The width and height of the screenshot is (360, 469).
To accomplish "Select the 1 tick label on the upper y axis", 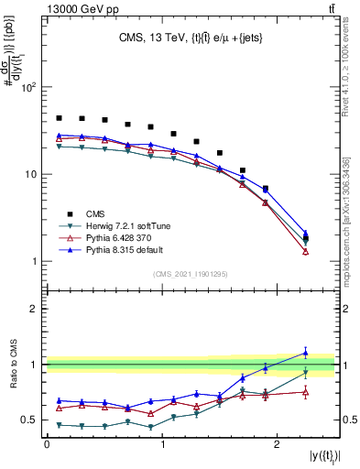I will point(33,261).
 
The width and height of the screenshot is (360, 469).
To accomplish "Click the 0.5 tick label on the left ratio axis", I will point(27,420).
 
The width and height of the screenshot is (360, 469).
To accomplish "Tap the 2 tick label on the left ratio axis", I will point(33,309).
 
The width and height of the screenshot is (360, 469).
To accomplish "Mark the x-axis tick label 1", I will point(162,443).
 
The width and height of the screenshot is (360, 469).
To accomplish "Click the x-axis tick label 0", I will point(46,443).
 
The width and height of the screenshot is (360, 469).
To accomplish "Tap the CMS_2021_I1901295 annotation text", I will point(190,274).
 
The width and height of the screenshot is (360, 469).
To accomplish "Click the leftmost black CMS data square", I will point(59,118).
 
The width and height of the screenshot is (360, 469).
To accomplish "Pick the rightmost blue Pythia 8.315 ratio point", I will point(306,352).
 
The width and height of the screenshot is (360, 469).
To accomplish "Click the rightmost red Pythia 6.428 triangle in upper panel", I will point(306,252).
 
